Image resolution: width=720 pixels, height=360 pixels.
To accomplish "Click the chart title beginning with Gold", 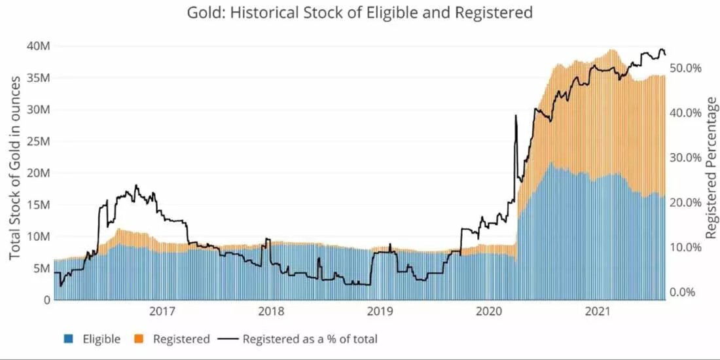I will [x=359, y=12].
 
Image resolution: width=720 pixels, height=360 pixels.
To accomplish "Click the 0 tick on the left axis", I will [x=46, y=300].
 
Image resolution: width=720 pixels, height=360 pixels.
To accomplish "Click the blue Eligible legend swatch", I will [x=69, y=339].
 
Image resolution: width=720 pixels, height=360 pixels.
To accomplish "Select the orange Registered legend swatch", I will [x=139, y=339].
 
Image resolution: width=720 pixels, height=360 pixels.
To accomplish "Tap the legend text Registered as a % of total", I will [x=310, y=339].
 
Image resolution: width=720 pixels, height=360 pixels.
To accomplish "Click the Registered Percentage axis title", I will [x=712, y=168].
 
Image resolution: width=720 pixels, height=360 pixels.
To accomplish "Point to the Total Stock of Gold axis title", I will [x=14, y=167].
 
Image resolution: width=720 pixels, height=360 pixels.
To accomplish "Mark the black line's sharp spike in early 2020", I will [x=516, y=116].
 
